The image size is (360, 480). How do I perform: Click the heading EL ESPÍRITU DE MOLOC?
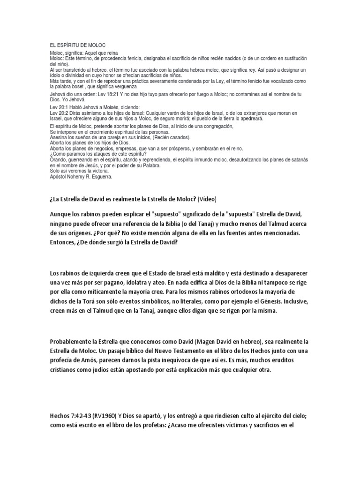pos(77,45)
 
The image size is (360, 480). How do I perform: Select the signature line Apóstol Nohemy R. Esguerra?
pos(81,177)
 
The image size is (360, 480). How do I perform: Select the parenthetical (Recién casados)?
pos(170,138)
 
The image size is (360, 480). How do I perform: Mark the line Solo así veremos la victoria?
pos(76,172)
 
